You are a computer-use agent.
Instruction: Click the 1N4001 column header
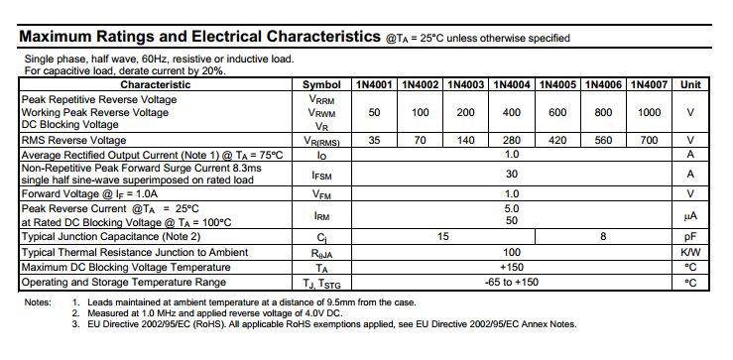[x=374, y=85]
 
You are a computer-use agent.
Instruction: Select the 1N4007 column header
[x=650, y=85]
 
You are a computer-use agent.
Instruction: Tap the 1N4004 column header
[x=512, y=85]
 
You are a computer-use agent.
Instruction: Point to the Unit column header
[x=690, y=85]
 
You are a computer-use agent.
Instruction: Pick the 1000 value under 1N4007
[x=650, y=113]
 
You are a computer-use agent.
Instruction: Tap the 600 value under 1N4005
[x=557, y=113]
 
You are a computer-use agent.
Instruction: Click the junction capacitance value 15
[x=442, y=238]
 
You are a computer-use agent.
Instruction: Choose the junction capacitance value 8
[x=603, y=238]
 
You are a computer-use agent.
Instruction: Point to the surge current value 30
[x=512, y=175]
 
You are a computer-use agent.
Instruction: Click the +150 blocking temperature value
[x=512, y=268]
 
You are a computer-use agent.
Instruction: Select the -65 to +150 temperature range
[x=512, y=283]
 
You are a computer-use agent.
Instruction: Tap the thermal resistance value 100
[x=512, y=253]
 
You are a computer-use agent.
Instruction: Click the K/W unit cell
[x=690, y=253]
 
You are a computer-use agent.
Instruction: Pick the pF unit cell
[x=690, y=238]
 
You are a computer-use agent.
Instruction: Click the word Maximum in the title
[x=58, y=37]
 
